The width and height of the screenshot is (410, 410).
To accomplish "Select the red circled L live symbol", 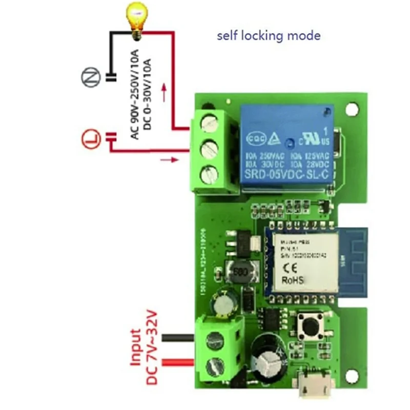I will (90, 138).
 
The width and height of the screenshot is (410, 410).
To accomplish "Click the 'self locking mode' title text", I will (269, 35).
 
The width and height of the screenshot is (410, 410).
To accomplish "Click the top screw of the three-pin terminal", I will (210, 123).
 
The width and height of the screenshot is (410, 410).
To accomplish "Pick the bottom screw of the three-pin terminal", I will (209, 175).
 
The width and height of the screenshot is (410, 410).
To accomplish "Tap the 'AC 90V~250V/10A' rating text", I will (135, 92).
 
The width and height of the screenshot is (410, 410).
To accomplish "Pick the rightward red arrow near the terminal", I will (169, 160).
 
